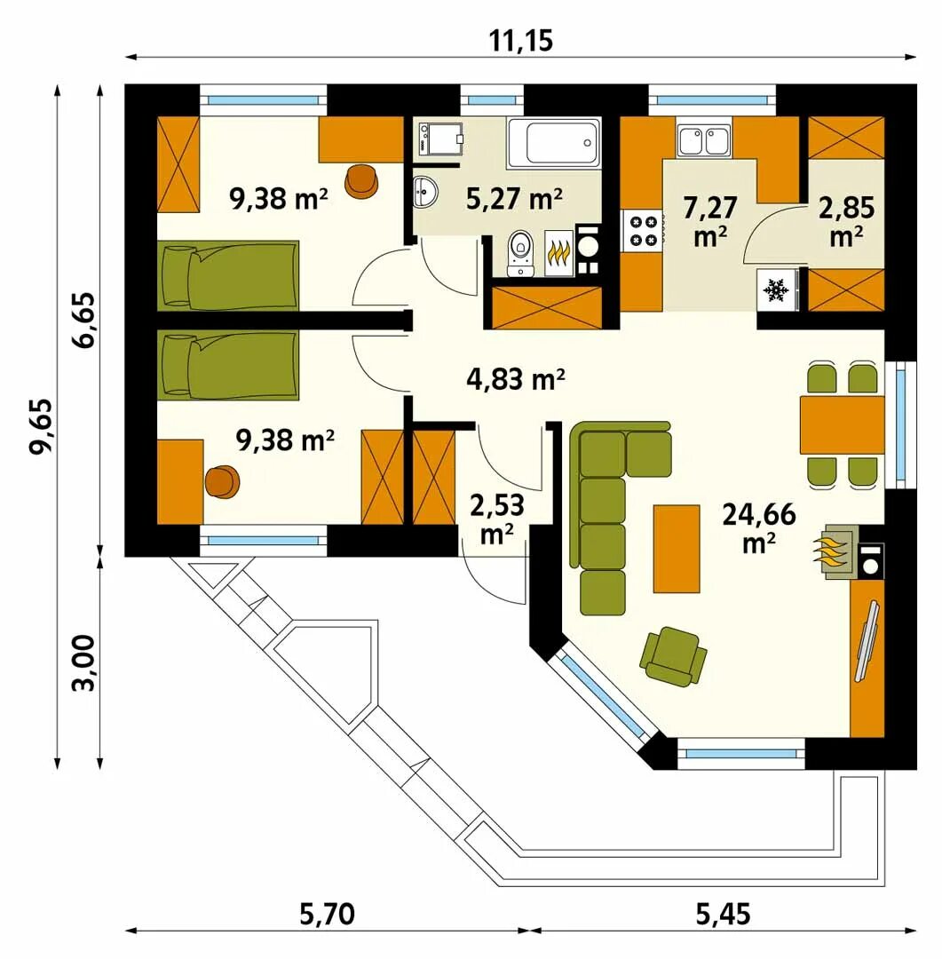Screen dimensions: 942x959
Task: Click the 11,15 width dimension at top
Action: [x=520, y=41]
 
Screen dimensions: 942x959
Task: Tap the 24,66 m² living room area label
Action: [x=759, y=527]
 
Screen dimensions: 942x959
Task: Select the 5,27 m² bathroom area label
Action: [x=514, y=199]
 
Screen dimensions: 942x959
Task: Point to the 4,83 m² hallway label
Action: [x=515, y=379]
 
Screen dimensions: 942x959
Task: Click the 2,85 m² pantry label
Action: [x=847, y=221]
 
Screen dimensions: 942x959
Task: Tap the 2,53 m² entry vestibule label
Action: [x=496, y=519]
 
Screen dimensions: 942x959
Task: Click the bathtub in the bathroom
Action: [x=554, y=143]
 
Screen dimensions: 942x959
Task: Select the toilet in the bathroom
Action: [x=520, y=252]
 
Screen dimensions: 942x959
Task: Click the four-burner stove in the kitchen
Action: [x=642, y=230]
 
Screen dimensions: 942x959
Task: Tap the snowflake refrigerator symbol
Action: [x=778, y=289]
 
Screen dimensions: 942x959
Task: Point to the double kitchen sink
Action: [x=704, y=140]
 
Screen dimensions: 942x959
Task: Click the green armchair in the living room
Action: [x=673, y=655]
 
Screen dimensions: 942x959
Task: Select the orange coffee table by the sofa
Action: [x=677, y=549]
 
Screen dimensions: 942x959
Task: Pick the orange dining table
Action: [x=843, y=425]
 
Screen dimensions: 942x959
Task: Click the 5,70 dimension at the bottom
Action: [x=327, y=915]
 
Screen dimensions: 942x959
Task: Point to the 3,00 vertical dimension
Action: [x=83, y=662]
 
